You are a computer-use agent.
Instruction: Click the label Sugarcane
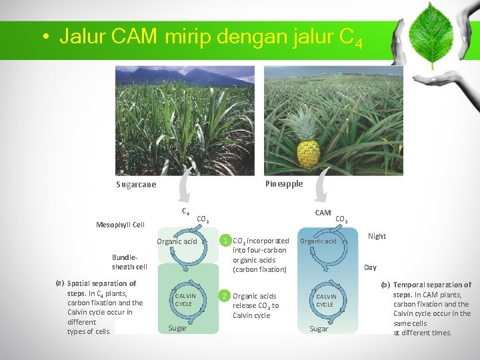tap(136, 185)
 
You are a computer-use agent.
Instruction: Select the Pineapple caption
tap(283, 184)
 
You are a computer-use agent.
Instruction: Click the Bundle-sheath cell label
tap(129, 262)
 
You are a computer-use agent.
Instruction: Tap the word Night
tap(377, 236)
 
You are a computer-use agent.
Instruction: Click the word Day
tap(370, 267)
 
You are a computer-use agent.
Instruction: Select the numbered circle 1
tap(226, 241)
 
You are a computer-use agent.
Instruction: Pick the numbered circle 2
tap(225, 295)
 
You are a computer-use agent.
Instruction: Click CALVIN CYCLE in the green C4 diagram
tap(185, 300)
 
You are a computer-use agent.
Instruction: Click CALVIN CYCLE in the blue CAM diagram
tap(325, 300)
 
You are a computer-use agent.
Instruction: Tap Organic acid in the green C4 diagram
tap(177, 241)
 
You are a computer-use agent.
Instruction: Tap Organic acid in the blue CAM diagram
tap(318, 241)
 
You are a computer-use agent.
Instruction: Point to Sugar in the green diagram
tap(177, 328)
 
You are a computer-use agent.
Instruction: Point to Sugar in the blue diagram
tap(319, 329)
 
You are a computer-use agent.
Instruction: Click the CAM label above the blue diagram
tap(323, 213)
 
